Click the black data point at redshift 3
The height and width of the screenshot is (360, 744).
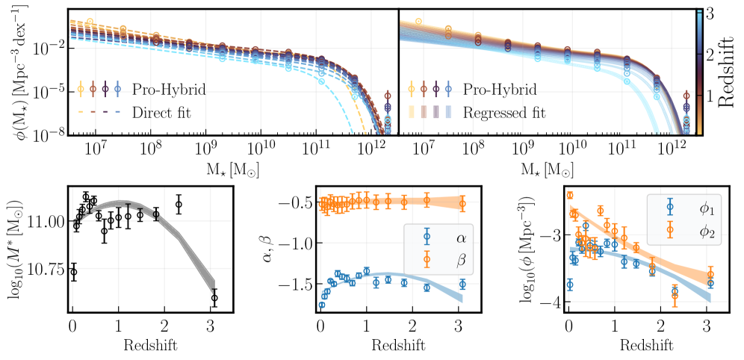coord(214,298)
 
